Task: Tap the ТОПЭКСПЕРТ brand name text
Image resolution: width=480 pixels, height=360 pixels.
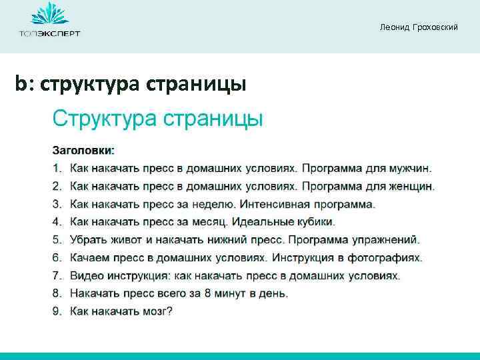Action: click(x=49, y=34)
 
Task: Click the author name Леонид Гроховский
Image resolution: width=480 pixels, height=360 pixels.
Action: click(x=419, y=27)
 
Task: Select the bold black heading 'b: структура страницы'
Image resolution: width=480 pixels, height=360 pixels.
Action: click(x=131, y=85)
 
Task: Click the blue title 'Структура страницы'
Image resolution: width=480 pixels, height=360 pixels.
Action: click(x=158, y=119)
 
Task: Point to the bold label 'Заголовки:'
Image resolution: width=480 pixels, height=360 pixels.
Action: click(x=84, y=149)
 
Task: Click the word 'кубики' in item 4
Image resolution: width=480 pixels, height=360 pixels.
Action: click(x=317, y=221)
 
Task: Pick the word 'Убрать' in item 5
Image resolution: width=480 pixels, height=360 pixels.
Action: click(x=89, y=239)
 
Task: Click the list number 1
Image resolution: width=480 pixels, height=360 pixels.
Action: click(x=57, y=167)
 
